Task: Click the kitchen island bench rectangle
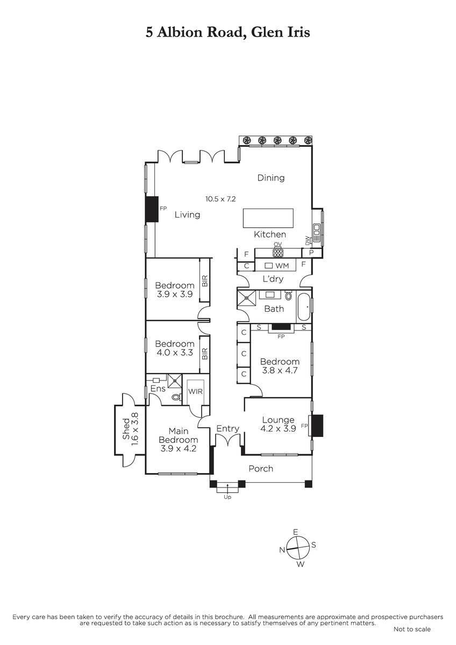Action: pyautogui.click(x=268, y=218)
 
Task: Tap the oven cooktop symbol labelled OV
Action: pyautogui.click(x=277, y=253)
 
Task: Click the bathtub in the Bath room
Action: pyautogui.click(x=304, y=307)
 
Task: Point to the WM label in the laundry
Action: pyautogui.click(x=282, y=266)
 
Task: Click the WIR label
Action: pyautogui.click(x=195, y=391)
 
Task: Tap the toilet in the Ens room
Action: pyautogui.click(x=176, y=397)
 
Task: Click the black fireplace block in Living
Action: pyautogui.click(x=152, y=209)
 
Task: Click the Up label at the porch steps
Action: pyautogui.click(x=227, y=497)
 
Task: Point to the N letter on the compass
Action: pyautogui.click(x=282, y=550)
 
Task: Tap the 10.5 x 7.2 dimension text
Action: pyautogui.click(x=220, y=199)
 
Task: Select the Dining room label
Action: pyautogui.click(x=271, y=178)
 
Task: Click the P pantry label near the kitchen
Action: pyautogui.click(x=311, y=253)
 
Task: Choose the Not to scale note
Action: pyautogui.click(x=412, y=629)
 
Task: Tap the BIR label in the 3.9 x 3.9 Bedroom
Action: pyautogui.click(x=204, y=281)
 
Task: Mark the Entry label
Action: pyautogui.click(x=227, y=429)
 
